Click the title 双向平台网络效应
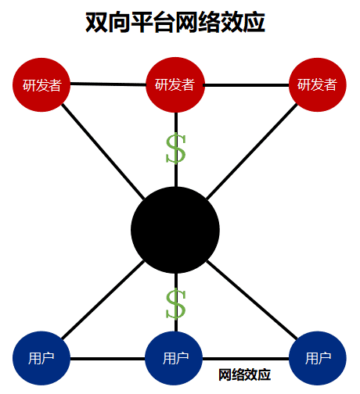[175, 23]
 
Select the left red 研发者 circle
[42, 84]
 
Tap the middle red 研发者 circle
[175, 84]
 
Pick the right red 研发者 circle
[318, 84]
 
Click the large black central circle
[175, 228]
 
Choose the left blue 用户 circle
[42, 359]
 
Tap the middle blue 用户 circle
[175, 359]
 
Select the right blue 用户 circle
[318, 359]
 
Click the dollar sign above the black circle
[176, 149]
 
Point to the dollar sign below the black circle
[176, 304]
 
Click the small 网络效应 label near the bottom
[244, 375]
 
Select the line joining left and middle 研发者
[109, 84]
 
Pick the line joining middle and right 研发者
[247, 84]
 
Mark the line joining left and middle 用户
[109, 360]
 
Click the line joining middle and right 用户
[247, 360]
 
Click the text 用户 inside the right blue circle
[318, 359]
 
